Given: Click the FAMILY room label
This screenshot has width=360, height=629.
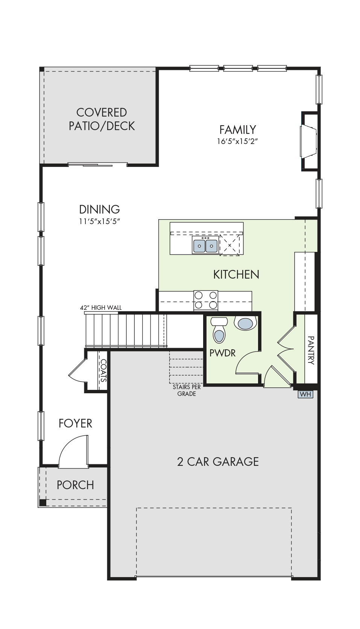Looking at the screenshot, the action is pos(237,130).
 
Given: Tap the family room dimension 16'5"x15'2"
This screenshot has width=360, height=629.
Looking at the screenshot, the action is pos(237,141).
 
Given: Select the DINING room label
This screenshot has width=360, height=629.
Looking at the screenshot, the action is pos(99,209).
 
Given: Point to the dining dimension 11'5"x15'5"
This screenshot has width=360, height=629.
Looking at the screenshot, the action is pos(99,221).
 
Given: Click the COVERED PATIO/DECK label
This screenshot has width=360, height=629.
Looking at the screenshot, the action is pos(102,119).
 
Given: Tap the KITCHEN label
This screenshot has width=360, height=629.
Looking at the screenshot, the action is pos(236,274).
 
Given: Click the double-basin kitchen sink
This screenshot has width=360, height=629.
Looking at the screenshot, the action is pos(205,245).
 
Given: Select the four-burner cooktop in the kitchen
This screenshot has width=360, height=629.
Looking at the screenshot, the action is pos(206,300).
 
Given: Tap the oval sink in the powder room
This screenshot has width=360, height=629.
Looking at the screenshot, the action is pos(247,323).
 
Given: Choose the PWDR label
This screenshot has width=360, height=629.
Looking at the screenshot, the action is pos(223,353).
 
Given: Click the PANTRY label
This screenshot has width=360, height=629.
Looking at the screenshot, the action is pos(311,350).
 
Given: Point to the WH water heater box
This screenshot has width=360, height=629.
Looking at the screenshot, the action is pos(305,394).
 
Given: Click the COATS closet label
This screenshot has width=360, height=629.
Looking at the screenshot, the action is pos(103,370).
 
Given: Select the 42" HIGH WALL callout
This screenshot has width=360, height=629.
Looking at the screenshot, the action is pos(101,308).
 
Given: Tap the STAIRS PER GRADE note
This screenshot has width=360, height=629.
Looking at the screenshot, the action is pos(187,390).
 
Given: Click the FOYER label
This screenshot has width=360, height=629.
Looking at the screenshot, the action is pos(75,423).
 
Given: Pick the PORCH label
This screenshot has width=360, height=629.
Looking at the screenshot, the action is pos(75,485).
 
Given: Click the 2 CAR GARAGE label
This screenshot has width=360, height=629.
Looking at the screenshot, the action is pos(218,462).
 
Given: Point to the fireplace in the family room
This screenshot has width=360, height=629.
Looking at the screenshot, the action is pos(309,141).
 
